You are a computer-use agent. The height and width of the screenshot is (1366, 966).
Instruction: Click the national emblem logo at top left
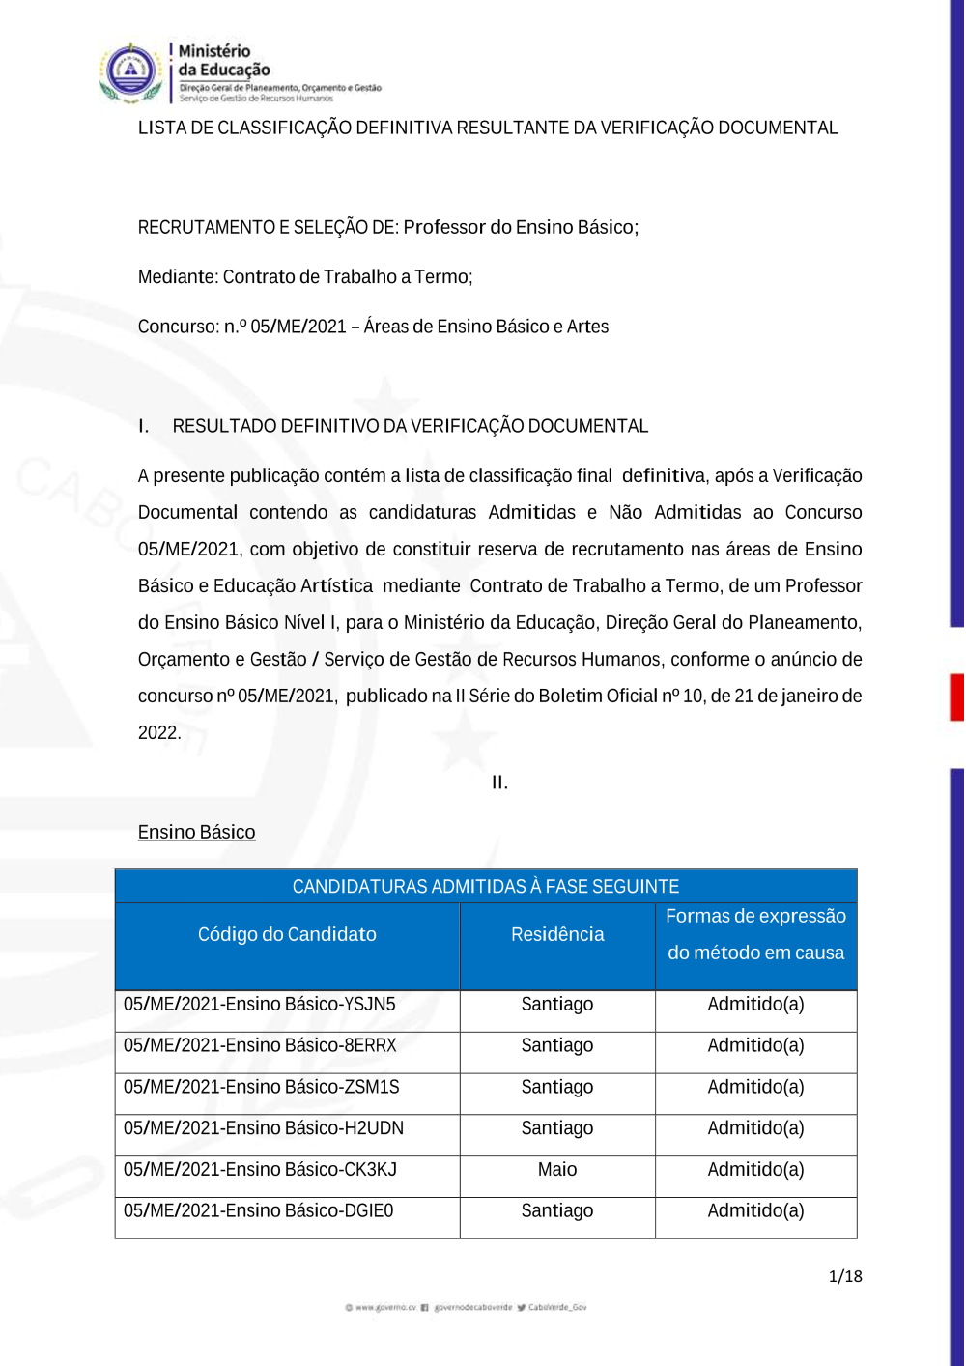click(x=130, y=72)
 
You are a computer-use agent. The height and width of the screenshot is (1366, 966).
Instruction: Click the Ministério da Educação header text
click(x=223, y=60)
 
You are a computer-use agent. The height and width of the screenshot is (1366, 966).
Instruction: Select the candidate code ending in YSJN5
click(x=260, y=1005)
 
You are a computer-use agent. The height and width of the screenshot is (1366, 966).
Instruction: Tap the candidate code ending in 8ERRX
click(x=260, y=1046)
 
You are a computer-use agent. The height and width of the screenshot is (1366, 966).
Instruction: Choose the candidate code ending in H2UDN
click(x=264, y=1128)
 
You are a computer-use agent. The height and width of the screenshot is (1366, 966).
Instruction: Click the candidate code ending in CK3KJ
click(x=260, y=1170)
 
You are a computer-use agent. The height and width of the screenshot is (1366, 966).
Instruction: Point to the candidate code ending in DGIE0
click(x=259, y=1211)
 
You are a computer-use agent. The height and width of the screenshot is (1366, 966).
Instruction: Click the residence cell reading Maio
click(x=557, y=1170)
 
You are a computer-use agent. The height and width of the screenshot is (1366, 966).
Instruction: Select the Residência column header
click(x=557, y=935)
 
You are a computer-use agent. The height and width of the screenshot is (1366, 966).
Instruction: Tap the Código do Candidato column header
click(x=287, y=935)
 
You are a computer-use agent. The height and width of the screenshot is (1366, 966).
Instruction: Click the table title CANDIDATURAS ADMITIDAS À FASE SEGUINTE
click(x=486, y=887)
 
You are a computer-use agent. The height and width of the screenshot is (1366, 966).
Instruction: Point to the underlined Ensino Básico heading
click(x=197, y=833)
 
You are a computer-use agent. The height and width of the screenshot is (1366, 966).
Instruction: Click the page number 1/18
click(x=845, y=1276)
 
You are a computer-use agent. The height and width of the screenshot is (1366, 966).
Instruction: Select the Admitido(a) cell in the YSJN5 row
click(x=755, y=1005)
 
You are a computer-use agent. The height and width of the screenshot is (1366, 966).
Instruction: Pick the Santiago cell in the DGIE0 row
click(x=557, y=1211)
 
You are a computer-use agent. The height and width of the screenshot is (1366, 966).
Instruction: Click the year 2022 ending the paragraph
click(x=158, y=733)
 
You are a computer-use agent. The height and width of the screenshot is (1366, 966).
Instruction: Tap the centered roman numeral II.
click(x=499, y=783)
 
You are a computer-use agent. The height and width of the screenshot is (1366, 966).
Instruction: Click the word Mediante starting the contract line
click(x=177, y=277)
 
